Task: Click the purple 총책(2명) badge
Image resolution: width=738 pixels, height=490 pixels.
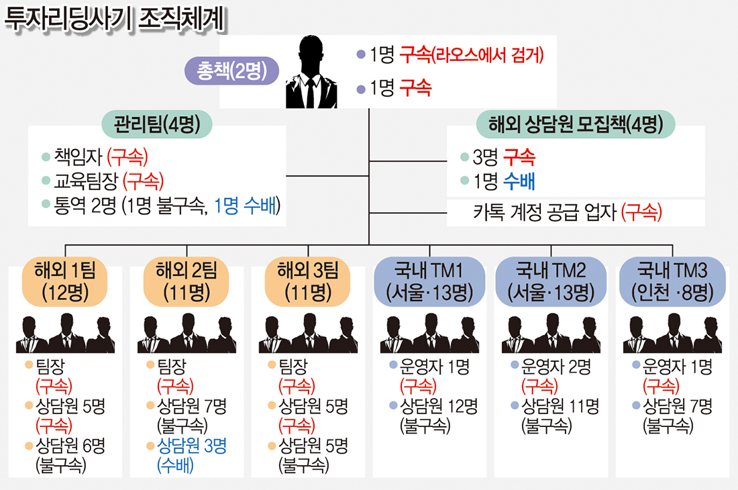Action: click(x=231, y=71)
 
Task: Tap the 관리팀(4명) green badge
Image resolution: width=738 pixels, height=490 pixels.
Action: click(x=157, y=124)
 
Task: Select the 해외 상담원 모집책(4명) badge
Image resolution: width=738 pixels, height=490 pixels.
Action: click(x=576, y=124)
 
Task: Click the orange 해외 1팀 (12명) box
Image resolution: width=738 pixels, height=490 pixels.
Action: click(x=65, y=281)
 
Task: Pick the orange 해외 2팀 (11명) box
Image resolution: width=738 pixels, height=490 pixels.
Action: click(x=187, y=281)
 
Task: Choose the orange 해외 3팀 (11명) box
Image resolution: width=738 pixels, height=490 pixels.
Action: click(x=308, y=281)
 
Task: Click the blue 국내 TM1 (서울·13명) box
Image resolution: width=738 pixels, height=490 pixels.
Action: click(x=429, y=281)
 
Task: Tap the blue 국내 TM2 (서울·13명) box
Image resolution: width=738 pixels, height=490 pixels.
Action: click(x=551, y=281)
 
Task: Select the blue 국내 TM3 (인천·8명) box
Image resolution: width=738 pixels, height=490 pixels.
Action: click(x=672, y=281)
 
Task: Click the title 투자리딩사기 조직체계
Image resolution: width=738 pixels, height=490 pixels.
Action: click(x=115, y=19)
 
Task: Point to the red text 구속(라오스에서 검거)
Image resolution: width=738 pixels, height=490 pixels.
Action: click(x=472, y=55)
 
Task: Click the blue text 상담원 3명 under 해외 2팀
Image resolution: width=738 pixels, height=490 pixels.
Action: click(x=192, y=445)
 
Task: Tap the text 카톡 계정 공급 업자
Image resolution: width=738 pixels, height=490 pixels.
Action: click(x=545, y=212)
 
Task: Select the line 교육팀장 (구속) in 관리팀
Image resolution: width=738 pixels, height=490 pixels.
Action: click(x=109, y=181)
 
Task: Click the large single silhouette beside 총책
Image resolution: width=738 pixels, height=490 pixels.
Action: click(x=311, y=72)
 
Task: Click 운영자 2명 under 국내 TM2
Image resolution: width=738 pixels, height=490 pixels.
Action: click(x=556, y=366)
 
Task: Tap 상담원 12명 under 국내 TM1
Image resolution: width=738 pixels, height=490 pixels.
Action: click(x=439, y=405)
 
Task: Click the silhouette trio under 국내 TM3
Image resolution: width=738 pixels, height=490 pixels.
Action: click(x=672, y=333)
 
